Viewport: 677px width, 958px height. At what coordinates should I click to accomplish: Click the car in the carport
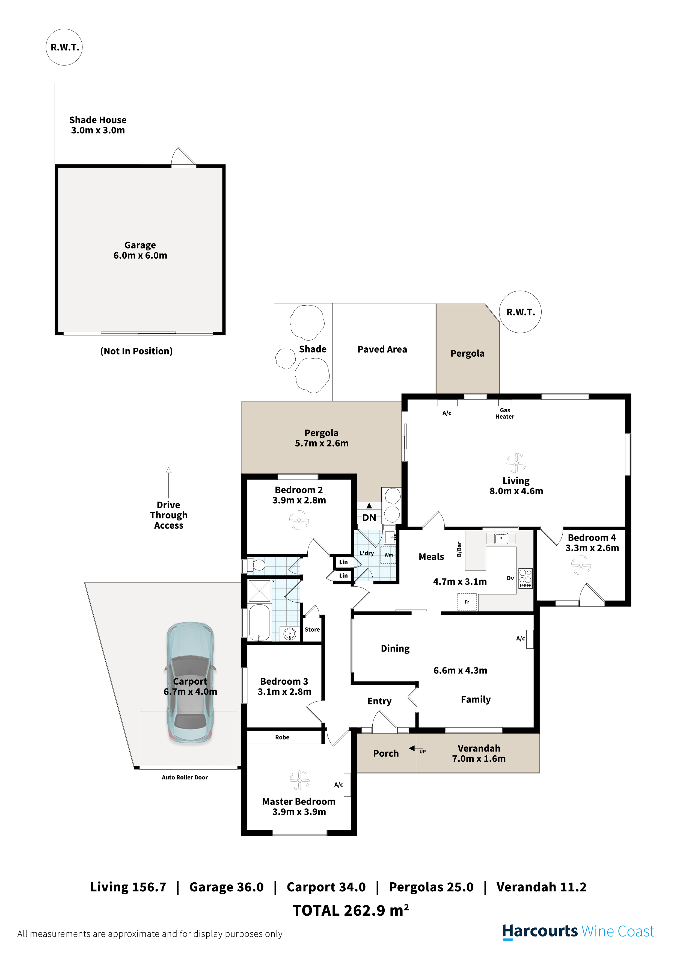(x=190, y=683)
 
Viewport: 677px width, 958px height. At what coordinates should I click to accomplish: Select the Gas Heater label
(x=505, y=413)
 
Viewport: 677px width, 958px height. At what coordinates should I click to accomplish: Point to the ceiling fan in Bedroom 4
(x=581, y=565)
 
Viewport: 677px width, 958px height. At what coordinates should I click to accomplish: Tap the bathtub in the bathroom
(x=259, y=622)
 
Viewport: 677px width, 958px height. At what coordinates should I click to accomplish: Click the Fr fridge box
(x=467, y=602)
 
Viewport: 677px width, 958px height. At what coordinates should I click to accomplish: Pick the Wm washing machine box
(x=388, y=555)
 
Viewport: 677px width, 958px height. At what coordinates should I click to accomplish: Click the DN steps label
(x=369, y=518)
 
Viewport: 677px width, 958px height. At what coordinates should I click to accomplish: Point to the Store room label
(x=312, y=630)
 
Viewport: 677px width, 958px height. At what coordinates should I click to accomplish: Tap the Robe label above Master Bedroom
(x=282, y=737)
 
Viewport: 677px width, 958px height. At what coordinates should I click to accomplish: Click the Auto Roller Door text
(x=185, y=777)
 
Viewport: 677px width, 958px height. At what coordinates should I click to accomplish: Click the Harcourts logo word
(x=540, y=931)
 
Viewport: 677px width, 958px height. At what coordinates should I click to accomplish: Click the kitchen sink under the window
(x=501, y=538)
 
